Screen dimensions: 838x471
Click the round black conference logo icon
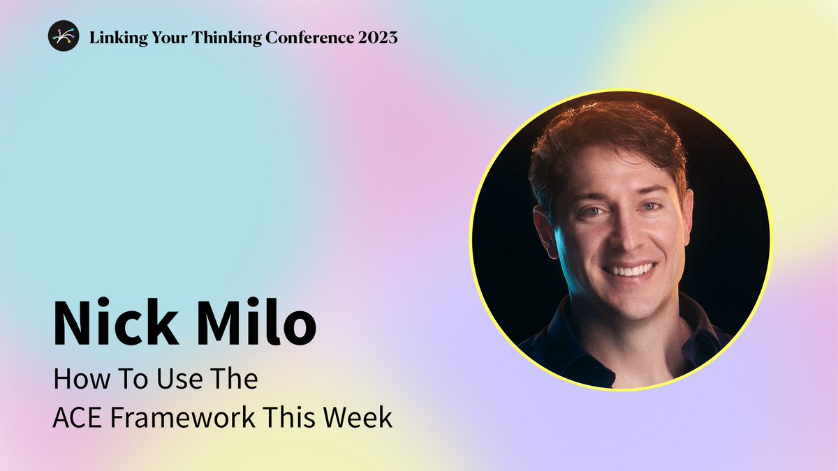pos(64,36)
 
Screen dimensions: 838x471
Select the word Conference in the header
pos(309,38)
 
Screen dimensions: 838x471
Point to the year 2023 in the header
pos(378,38)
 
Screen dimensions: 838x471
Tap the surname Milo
pos(258,322)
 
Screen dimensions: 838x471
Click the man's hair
pos(606,138)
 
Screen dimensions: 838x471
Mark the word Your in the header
pos(170,38)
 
